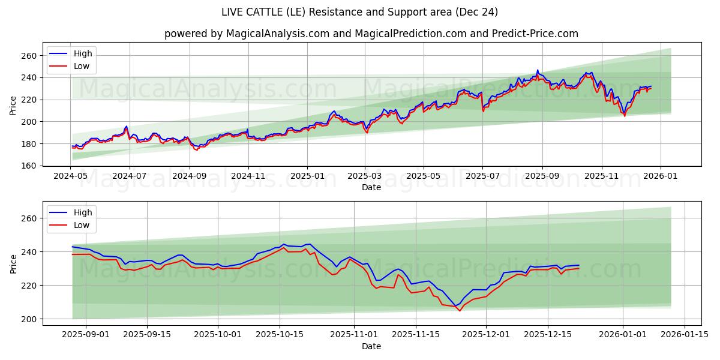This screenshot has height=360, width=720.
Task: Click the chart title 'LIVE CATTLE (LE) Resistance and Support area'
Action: (x=359, y=12)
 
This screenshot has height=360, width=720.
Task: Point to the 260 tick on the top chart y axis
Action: (x=30, y=56)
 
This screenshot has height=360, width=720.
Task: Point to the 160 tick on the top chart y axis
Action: (x=30, y=166)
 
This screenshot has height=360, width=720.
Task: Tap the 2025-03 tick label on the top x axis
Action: (x=365, y=176)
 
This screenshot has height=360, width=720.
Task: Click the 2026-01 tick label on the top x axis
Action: (x=661, y=176)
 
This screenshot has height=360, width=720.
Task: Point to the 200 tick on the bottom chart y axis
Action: (x=30, y=319)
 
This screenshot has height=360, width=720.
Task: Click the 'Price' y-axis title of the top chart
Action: (x=13, y=104)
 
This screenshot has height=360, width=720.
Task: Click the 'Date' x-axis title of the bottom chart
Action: (x=371, y=346)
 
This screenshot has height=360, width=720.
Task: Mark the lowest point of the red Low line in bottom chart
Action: (x=460, y=311)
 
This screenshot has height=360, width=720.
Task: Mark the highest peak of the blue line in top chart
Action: (x=538, y=70)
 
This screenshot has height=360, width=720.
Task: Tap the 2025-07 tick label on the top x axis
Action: (x=482, y=176)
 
